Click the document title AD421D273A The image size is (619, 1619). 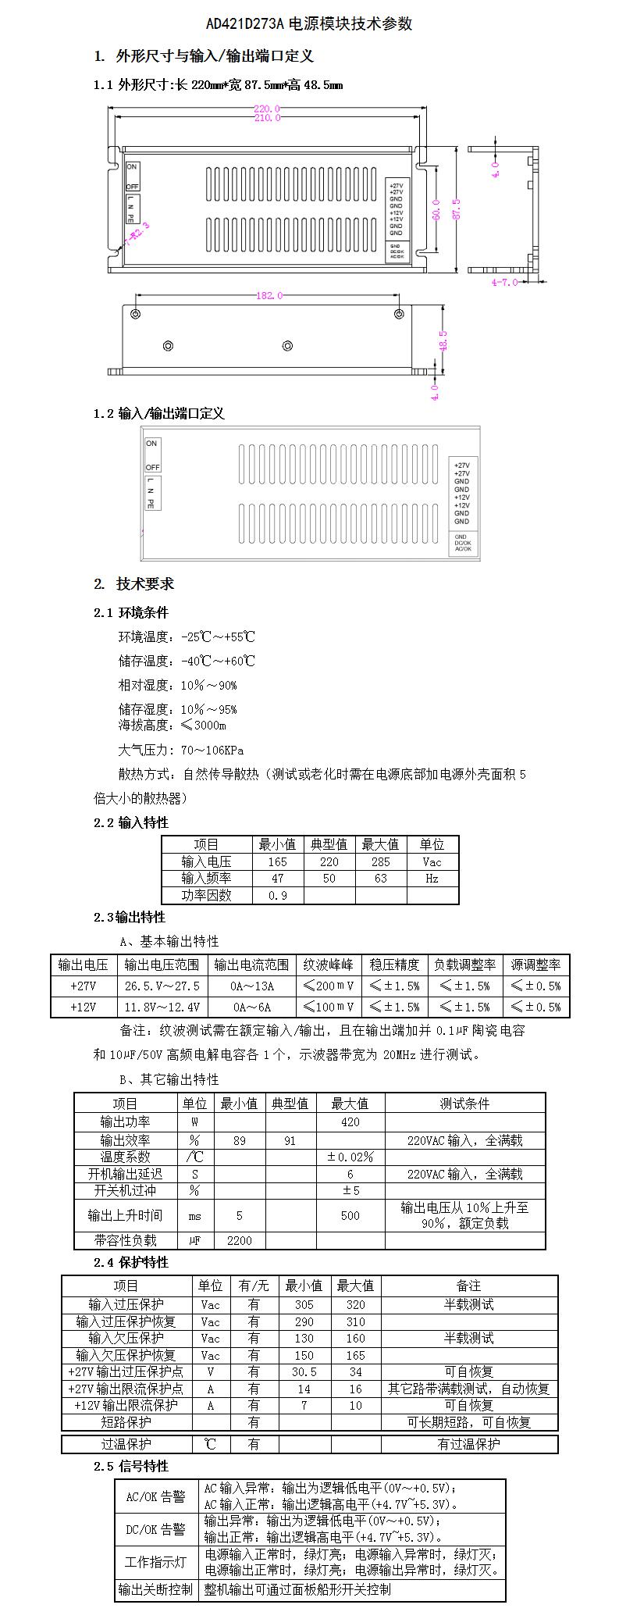point(309,24)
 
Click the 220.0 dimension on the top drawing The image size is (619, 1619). point(266,109)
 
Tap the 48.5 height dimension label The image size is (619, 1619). point(443,341)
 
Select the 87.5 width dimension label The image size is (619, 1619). point(457,209)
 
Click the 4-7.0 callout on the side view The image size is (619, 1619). point(504,282)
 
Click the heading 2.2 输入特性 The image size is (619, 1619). point(130,822)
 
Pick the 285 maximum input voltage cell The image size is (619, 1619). point(380,861)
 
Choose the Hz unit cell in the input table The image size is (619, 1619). point(432,879)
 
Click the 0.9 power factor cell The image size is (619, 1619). point(277,896)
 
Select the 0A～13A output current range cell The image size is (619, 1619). point(251,986)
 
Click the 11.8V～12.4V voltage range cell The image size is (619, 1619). point(162,1007)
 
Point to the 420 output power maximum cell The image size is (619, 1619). point(350,1122)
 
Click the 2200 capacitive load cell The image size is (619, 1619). point(239,1240)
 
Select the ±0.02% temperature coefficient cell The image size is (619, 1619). point(350,1157)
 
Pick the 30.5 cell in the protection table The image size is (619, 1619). point(304,1371)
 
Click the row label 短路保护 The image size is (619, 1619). point(126,1422)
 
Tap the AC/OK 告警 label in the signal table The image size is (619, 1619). point(155,1497)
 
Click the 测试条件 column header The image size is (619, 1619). point(464,1104)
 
